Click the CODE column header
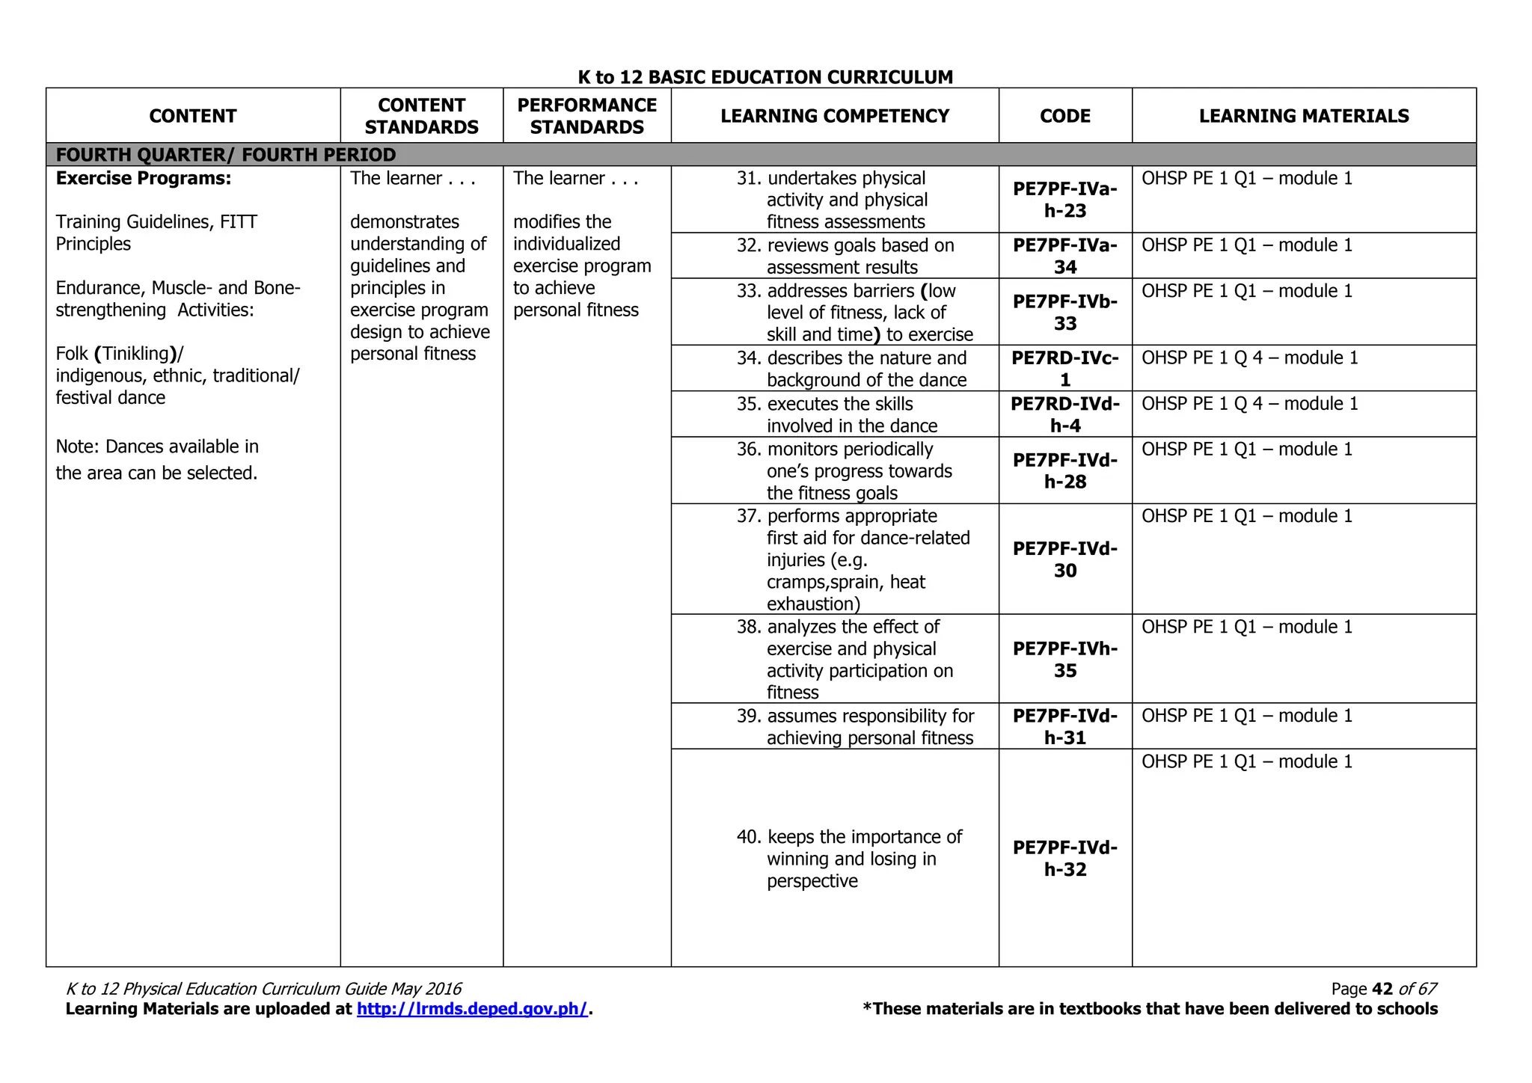pos(1064,116)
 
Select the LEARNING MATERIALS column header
pos(1303,116)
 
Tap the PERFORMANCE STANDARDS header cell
pos(586,116)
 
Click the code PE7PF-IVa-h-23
pos(1064,200)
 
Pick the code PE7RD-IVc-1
pos(1064,368)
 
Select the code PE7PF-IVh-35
pos(1064,659)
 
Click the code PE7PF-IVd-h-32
pos(1064,858)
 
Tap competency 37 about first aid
pos(854,559)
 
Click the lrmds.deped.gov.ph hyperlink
pos(472,1009)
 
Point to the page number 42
pos(1382,989)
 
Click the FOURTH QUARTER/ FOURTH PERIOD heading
pos(226,155)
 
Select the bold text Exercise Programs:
pos(144,178)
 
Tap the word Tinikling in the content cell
pos(135,353)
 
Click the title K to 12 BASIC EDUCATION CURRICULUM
pos(765,77)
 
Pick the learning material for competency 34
pos(1249,358)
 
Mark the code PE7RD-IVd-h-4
pos(1064,414)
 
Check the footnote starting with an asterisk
pos(1150,1009)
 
